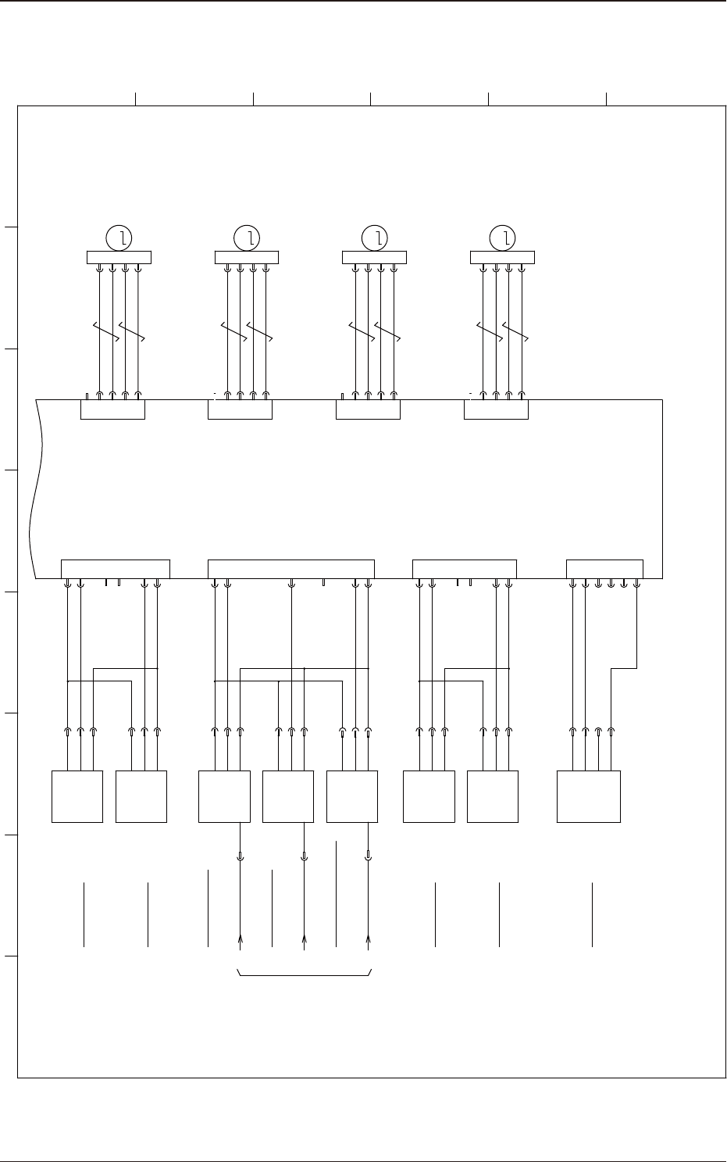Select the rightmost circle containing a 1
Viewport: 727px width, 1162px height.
(x=503, y=237)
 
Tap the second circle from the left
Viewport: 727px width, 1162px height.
(x=247, y=237)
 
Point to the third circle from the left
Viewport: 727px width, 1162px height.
(x=375, y=237)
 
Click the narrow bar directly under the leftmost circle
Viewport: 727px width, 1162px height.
(x=118, y=257)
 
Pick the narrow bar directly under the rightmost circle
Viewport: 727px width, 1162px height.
(x=502, y=257)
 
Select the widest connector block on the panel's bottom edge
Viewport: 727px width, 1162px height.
(x=291, y=569)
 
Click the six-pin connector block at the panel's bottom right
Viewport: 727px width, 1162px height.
(x=604, y=569)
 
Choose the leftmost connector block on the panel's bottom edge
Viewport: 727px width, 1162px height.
(x=116, y=569)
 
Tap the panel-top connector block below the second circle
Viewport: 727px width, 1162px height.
(x=240, y=409)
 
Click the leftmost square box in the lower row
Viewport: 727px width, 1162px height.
(x=77, y=796)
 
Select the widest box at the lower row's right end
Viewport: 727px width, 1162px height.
(x=589, y=796)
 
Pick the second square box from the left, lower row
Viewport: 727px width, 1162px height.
(x=141, y=796)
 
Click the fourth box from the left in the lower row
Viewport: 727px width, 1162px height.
(x=288, y=796)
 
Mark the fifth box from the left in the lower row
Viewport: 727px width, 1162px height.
(x=352, y=796)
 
